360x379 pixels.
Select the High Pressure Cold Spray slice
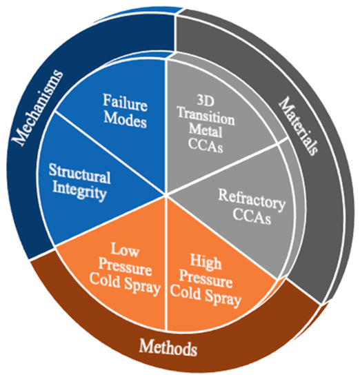[x=214, y=276]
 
